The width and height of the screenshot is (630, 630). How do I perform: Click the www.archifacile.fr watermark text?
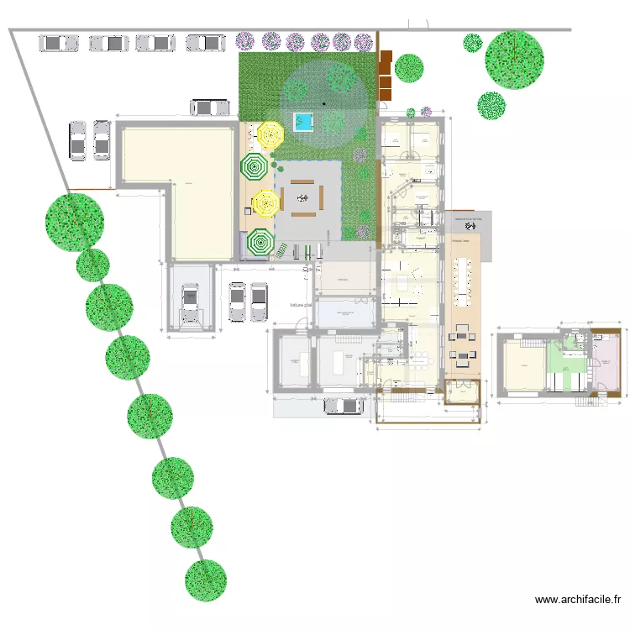(577, 600)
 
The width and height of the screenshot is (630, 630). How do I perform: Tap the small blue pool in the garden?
(302, 122)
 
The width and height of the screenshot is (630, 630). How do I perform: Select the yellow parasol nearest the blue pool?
(270, 134)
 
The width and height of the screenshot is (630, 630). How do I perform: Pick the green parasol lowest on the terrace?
(260, 243)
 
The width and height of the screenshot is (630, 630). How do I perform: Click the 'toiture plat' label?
(302, 305)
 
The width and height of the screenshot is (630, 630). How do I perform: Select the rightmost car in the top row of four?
(206, 42)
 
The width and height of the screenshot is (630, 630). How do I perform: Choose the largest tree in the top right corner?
(514, 59)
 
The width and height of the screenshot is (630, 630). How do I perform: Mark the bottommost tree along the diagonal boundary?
(206, 580)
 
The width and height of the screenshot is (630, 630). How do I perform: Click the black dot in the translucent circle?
(323, 103)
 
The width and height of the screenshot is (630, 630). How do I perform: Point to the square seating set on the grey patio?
(302, 199)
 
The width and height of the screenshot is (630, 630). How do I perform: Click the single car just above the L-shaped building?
(210, 108)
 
